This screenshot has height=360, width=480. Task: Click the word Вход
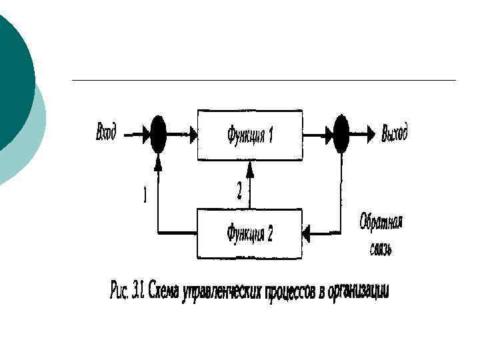pos(106,133)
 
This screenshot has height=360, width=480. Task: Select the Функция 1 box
pos(249,135)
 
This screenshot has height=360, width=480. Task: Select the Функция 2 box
pos(249,233)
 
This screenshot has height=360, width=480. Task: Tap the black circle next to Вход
pos(158,134)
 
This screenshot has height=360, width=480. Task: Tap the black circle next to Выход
pos(341,134)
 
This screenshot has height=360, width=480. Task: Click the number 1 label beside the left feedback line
pos(145,195)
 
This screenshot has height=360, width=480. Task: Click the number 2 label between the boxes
pos(239,191)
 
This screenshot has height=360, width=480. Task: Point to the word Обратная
pos(381,223)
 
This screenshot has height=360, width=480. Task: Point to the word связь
pos(380,249)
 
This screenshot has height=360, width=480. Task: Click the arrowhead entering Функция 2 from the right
pos(307,233)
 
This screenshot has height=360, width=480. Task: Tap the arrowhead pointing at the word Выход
pos(369,134)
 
